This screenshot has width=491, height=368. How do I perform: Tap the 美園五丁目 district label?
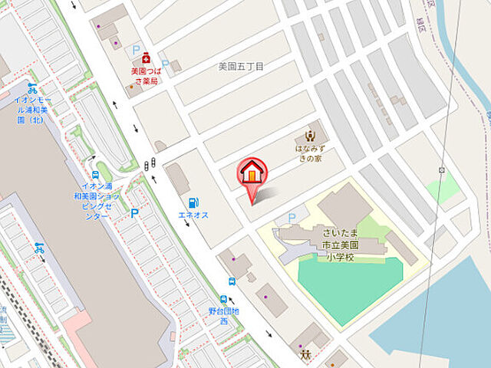click(x=241, y=67)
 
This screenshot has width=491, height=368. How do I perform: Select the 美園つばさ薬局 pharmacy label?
click(x=143, y=76)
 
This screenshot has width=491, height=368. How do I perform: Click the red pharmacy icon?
click(x=144, y=56)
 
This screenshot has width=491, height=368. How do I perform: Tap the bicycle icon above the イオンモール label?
click(x=32, y=88)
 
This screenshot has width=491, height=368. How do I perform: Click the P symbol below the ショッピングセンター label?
click(x=134, y=214)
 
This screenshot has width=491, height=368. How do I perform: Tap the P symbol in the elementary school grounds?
click(x=292, y=219)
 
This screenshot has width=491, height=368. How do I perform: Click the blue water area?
click(x=445, y=322)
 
